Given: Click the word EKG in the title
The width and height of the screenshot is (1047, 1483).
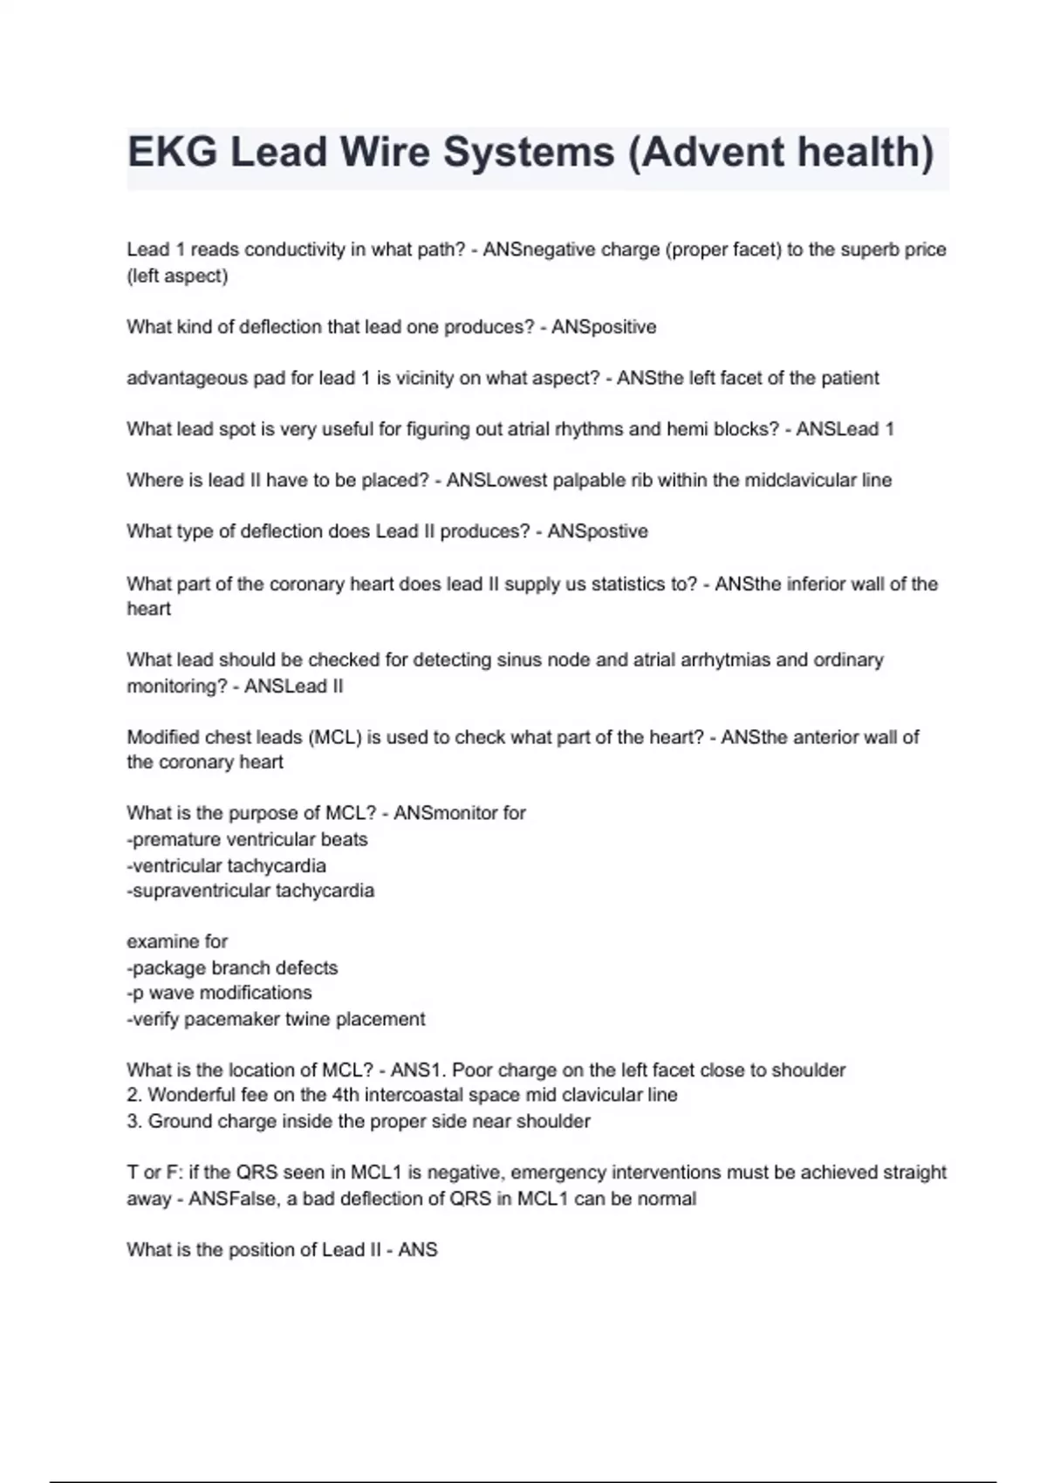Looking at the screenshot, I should point(172,153).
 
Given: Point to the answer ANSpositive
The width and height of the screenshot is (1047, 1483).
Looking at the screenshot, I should point(604,327).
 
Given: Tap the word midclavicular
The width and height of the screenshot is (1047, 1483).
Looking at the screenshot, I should point(799,481).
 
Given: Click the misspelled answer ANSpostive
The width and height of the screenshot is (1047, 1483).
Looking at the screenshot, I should point(598,531).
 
